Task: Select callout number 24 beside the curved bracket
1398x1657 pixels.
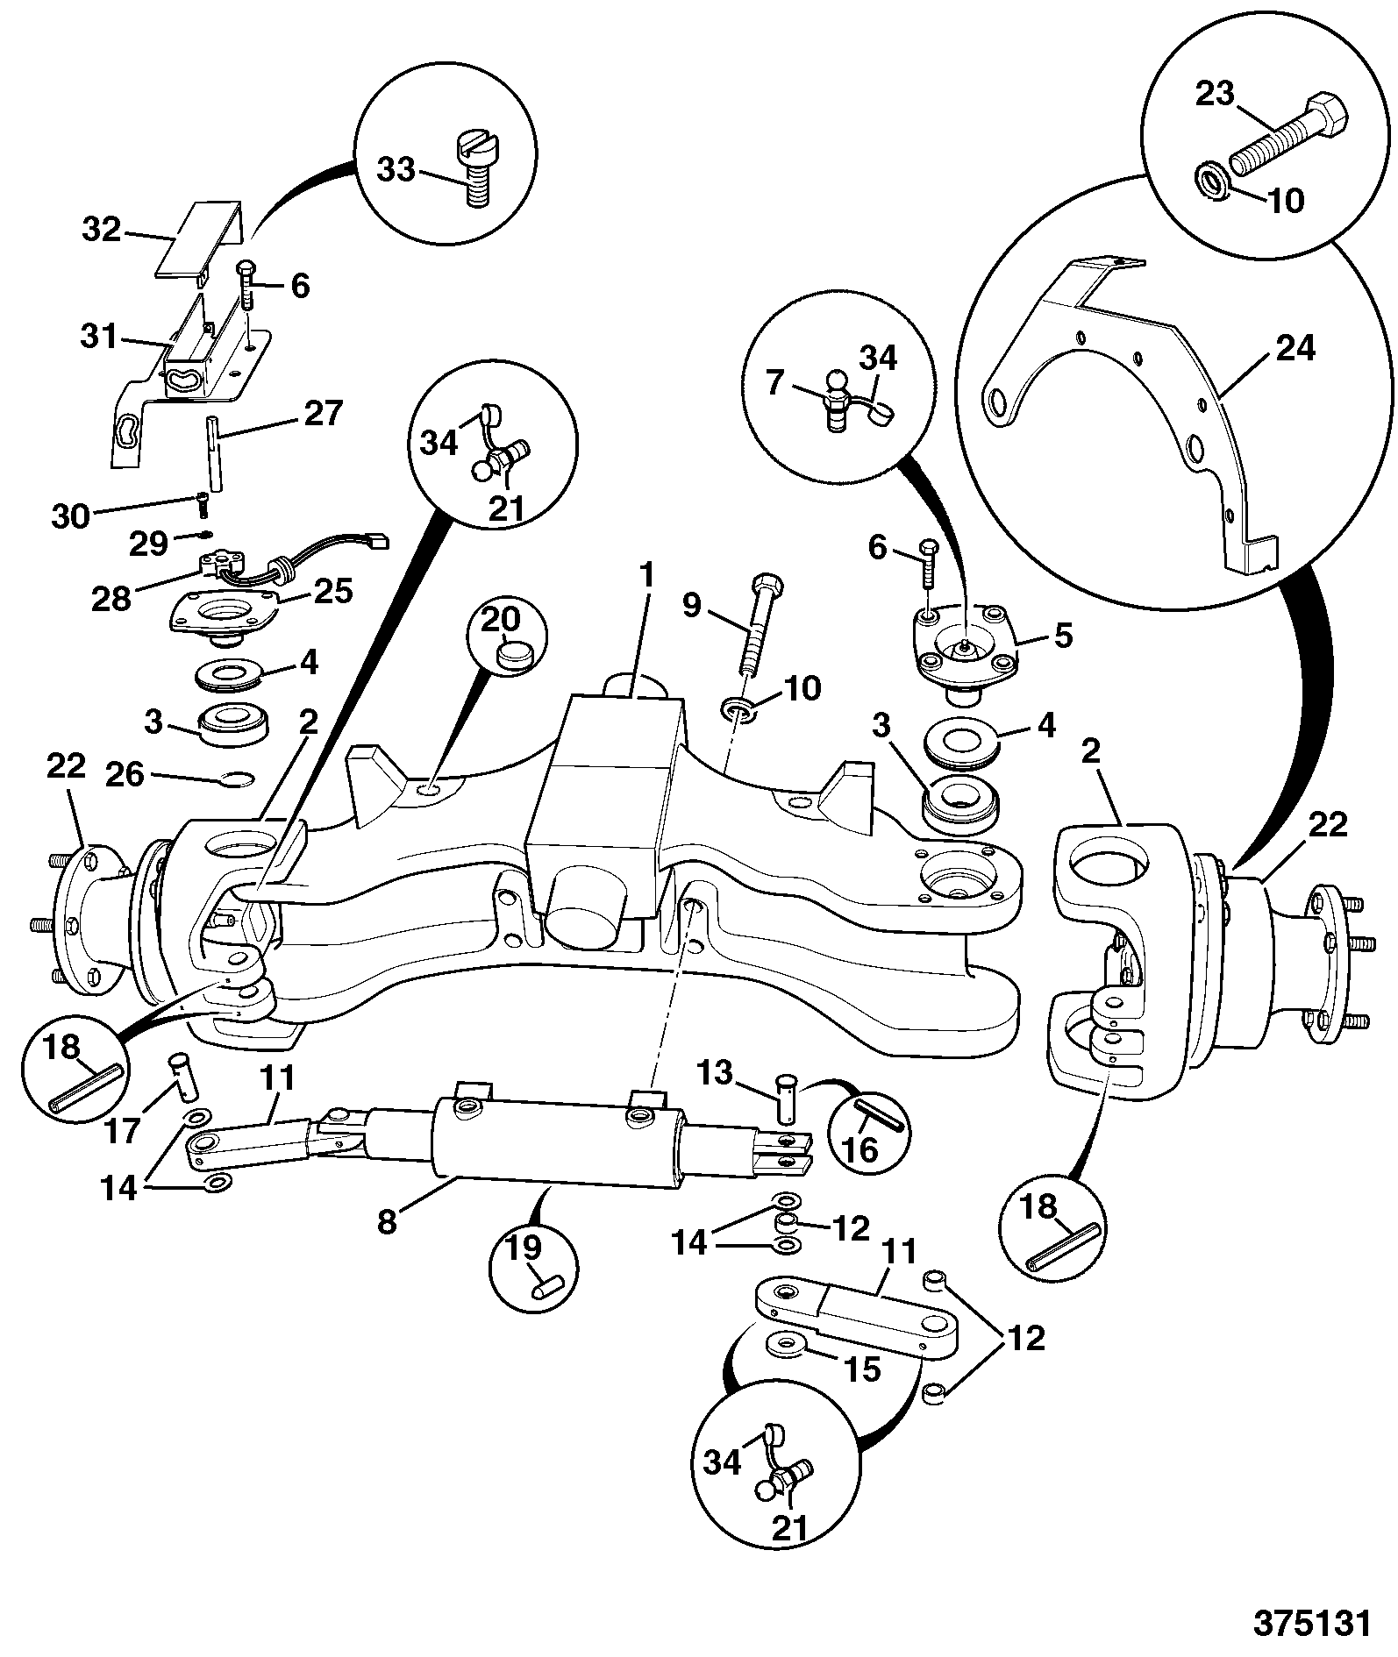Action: coord(1296,349)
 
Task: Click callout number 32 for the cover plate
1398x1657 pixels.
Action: coord(103,230)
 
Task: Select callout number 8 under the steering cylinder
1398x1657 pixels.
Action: coord(388,1221)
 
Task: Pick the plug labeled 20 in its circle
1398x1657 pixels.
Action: coord(512,654)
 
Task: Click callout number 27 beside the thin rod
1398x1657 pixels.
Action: coord(324,413)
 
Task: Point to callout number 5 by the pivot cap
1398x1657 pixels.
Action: coord(1063,636)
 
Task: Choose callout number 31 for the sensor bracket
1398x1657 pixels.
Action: coord(98,336)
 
